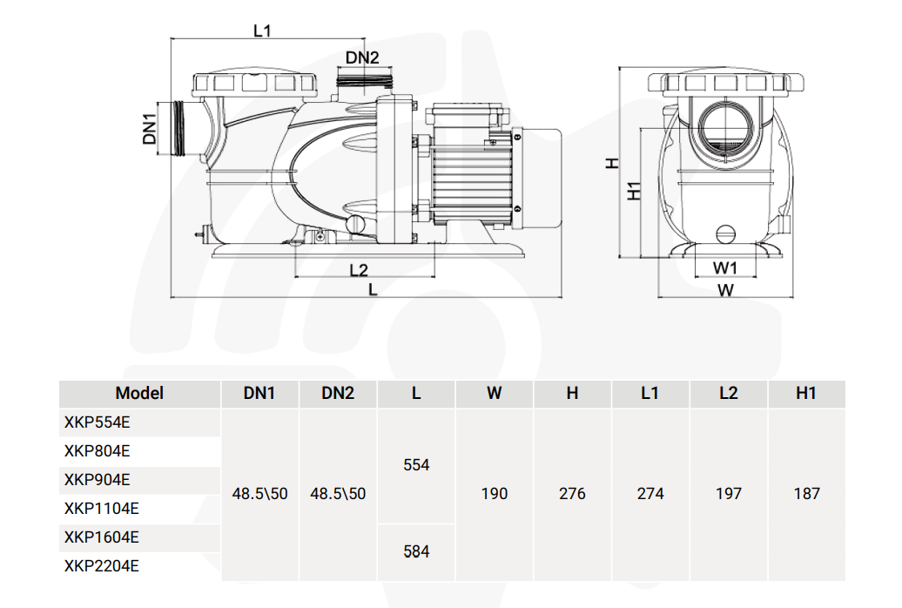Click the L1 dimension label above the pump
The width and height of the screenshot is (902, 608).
[x=262, y=31]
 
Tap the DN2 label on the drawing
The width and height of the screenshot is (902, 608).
[x=362, y=58]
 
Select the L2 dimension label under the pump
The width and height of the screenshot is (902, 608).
[x=359, y=269]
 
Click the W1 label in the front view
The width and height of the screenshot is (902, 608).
[x=725, y=267]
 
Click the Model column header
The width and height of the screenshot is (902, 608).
[x=139, y=394]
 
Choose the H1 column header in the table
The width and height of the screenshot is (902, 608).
[x=806, y=394]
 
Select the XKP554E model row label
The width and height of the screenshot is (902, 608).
[x=97, y=422]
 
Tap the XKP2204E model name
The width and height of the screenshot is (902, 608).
[x=101, y=566]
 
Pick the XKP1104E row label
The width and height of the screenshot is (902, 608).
[x=101, y=509]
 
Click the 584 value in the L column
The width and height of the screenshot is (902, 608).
[x=416, y=551]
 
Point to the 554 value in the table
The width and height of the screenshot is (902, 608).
[x=416, y=465]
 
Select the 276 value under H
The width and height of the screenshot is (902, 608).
[x=572, y=494]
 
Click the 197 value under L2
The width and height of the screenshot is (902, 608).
[x=728, y=494]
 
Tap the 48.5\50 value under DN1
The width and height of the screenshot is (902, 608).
[x=259, y=494]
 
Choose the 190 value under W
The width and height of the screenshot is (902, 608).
[x=495, y=494]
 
